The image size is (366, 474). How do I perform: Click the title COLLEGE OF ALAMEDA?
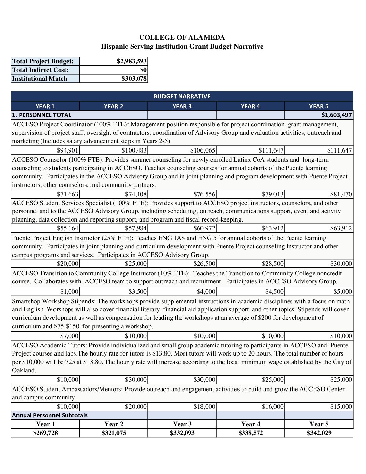182,37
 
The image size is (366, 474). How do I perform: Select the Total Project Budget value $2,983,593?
132,61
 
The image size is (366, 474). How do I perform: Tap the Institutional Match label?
40,79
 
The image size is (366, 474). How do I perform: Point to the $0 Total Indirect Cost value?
143,70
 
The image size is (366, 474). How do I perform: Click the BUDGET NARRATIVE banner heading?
182,96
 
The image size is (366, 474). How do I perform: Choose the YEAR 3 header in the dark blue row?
182,106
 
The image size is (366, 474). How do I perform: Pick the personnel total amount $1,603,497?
336,115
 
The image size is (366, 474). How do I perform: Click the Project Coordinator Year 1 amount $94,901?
68,150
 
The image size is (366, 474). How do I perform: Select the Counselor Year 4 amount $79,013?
273,194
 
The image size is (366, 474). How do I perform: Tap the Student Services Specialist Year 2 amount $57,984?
136,228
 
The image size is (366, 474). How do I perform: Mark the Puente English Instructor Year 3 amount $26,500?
205,264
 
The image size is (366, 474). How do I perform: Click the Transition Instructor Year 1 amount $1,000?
69,292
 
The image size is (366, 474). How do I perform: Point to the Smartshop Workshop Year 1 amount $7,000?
69,336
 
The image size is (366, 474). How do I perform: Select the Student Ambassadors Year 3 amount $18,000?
205,407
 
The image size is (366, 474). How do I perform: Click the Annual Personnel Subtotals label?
50,415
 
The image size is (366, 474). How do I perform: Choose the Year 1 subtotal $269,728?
45,433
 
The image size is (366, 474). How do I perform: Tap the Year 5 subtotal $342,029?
319,433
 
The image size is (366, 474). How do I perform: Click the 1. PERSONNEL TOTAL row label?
42,115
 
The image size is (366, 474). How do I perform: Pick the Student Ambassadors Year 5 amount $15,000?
341,407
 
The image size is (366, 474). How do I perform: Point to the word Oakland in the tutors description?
24,370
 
